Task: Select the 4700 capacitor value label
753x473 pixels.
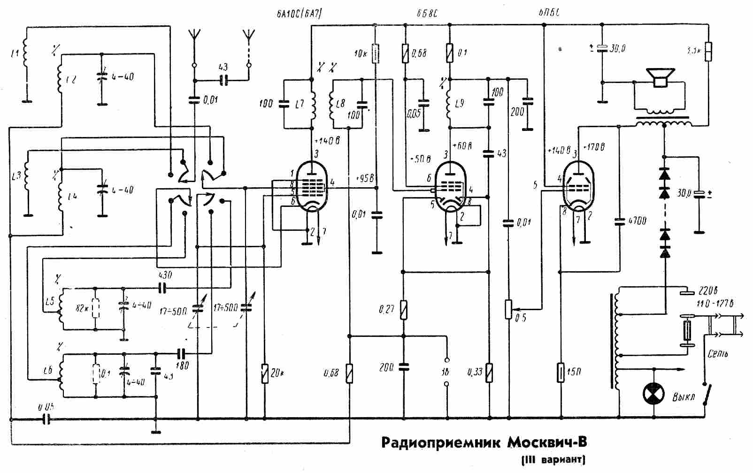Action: click(x=637, y=220)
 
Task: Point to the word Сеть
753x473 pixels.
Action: click(x=717, y=353)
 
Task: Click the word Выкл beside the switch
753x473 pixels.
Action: click(x=683, y=397)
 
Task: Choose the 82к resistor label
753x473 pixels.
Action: click(x=82, y=309)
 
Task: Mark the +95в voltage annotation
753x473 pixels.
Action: click(x=364, y=179)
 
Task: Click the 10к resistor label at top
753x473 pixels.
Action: click(x=361, y=53)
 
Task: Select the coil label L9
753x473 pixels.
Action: click(x=459, y=103)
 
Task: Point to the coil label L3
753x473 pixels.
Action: click(x=16, y=177)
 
